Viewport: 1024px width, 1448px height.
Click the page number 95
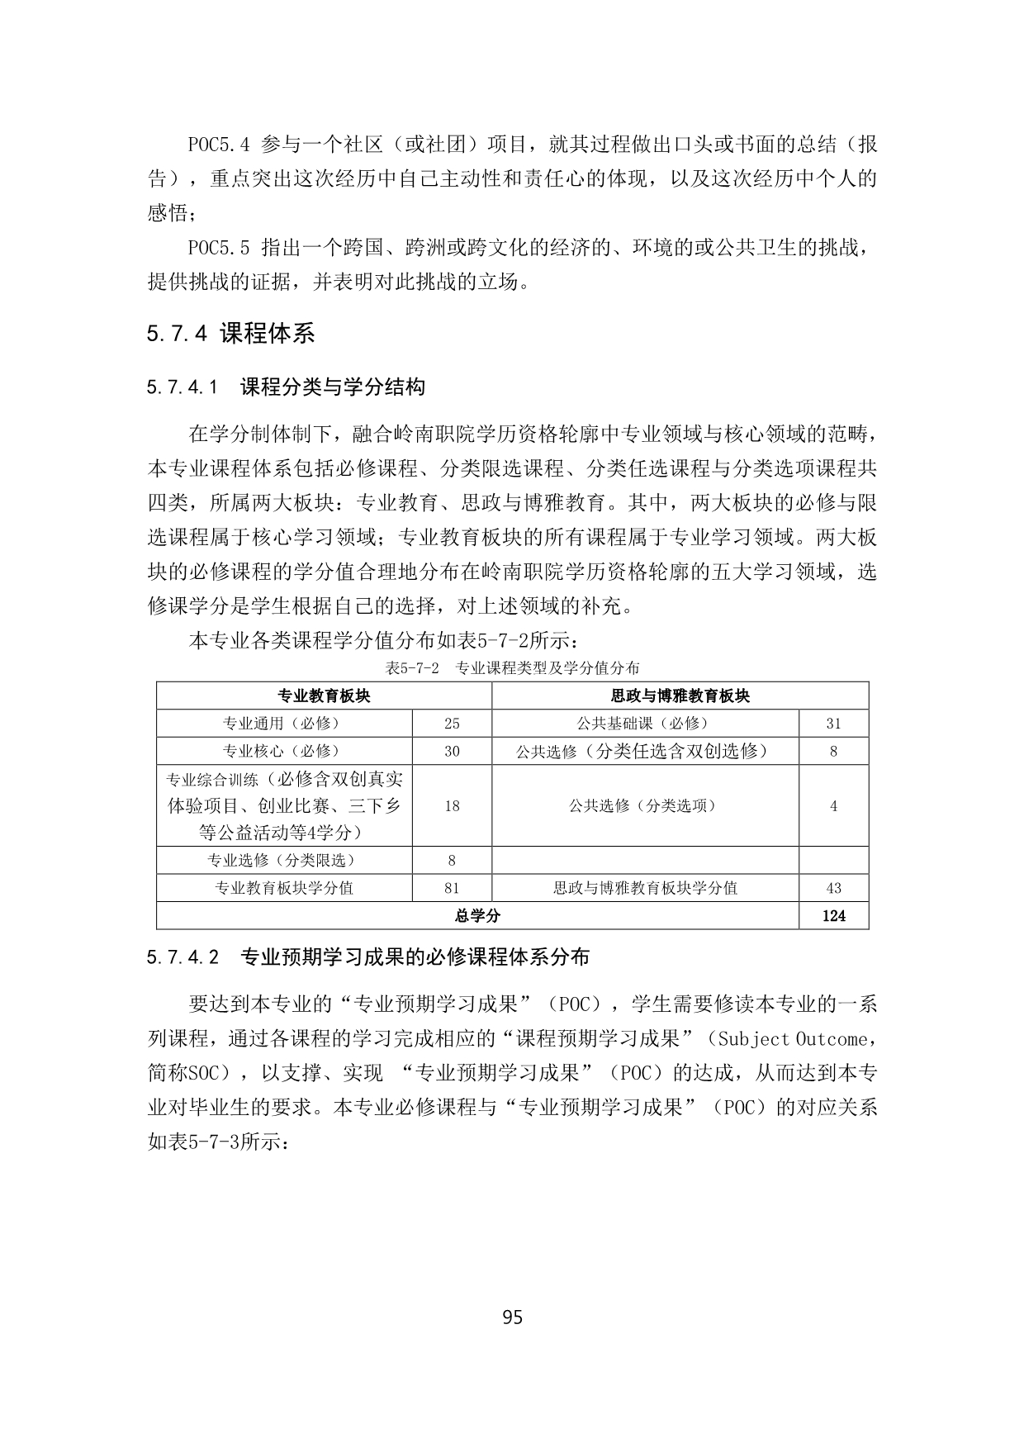512,1317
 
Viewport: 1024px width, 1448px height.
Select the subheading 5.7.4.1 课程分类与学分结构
286,387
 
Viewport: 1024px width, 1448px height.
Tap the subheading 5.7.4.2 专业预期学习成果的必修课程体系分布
368,957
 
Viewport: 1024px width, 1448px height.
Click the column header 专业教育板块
324,696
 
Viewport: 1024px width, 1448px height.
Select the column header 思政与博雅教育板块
680,696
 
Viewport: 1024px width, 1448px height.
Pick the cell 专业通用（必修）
284,723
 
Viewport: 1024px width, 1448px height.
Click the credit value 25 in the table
452,723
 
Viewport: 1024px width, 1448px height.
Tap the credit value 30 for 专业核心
452,750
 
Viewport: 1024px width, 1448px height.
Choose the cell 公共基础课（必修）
645,723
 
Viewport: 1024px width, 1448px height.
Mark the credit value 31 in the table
833,723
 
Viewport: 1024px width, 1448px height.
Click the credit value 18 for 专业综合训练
452,805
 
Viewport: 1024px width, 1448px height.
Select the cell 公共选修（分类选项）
645,805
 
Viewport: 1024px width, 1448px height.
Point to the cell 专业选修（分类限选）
284,860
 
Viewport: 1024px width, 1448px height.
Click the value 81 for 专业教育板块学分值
452,888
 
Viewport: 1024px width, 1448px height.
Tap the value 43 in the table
833,888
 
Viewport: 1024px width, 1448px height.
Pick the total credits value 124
833,915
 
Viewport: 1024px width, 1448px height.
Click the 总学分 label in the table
477,915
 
